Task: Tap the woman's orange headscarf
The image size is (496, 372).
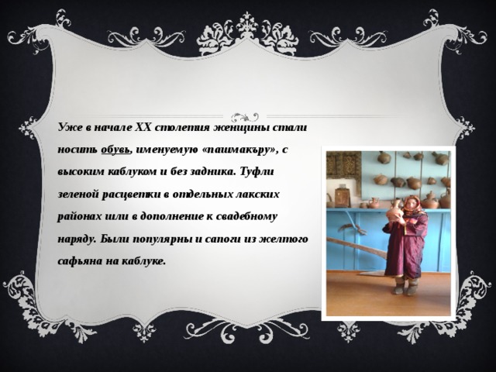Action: [412, 204]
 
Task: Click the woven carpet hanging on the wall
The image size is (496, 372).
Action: [343, 164]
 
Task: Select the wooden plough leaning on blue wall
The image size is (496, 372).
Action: [356, 247]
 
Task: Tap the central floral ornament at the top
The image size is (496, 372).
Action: [247, 32]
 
